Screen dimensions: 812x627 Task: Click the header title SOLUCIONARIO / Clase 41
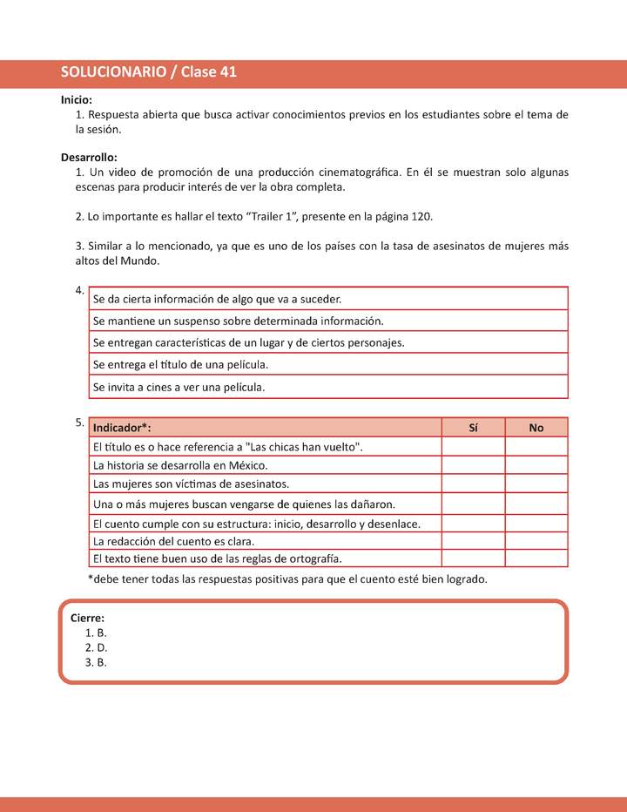pyautogui.click(x=149, y=73)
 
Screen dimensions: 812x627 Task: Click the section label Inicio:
pyautogui.click(x=77, y=100)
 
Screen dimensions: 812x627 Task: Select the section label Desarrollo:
pyautogui.click(x=89, y=158)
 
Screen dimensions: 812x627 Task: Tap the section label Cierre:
pyautogui.click(x=87, y=618)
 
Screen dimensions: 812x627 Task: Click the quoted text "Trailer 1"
pyautogui.click(x=272, y=216)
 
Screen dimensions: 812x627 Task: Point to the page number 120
pyautogui.click(x=421, y=216)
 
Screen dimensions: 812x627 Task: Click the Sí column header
pyautogui.click(x=473, y=428)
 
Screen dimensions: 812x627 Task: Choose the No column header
pyautogui.click(x=536, y=428)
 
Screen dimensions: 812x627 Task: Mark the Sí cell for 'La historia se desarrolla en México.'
pyautogui.click(x=473, y=465)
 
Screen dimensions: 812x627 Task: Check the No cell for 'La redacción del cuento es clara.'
pyautogui.click(x=536, y=541)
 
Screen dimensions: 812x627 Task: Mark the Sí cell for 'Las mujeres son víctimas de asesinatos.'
pyautogui.click(x=473, y=484)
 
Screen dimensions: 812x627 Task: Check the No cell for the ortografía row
pyautogui.click(x=536, y=558)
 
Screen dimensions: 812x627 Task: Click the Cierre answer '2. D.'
pyautogui.click(x=96, y=647)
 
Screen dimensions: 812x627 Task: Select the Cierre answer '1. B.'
pyautogui.click(x=96, y=633)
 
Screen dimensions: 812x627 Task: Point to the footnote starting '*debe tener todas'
pyautogui.click(x=287, y=579)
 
